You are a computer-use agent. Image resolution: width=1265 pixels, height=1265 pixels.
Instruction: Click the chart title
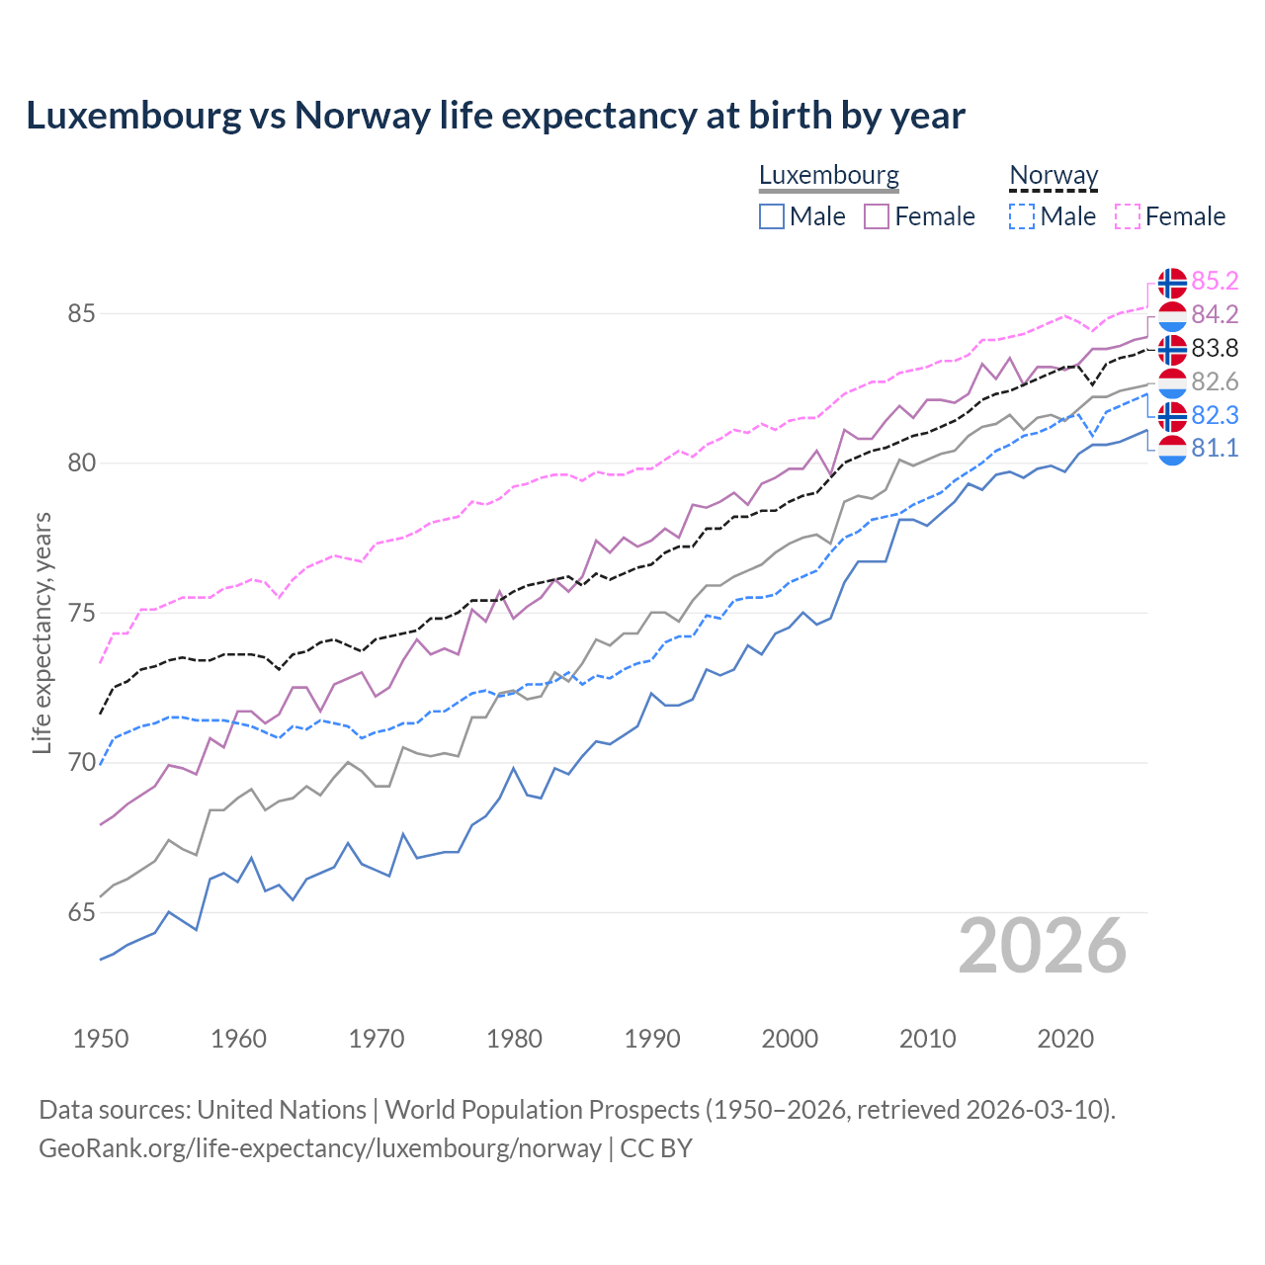click(495, 116)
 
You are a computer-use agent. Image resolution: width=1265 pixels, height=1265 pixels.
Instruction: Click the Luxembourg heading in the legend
click(828, 175)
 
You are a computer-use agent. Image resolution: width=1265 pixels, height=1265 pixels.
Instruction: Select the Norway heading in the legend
click(1054, 175)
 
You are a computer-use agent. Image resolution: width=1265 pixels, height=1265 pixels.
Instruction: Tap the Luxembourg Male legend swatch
click(772, 216)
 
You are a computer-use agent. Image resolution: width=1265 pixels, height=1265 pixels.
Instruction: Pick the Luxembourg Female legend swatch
click(877, 216)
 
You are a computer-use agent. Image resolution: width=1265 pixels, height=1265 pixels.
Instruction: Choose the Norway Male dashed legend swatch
click(1022, 216)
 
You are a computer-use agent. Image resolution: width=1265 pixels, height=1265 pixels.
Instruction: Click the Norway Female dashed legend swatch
click(1128, 216)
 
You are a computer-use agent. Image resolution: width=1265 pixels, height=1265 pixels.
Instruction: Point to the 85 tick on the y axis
click(81, 314)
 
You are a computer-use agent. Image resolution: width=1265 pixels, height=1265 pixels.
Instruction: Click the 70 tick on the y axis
click(81, 763)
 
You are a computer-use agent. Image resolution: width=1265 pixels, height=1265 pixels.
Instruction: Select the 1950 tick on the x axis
click(101, 1039)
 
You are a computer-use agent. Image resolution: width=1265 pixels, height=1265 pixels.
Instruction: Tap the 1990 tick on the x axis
click(652, 1039)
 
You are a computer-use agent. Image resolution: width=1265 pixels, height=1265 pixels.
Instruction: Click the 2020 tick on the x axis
click(1065, 1039)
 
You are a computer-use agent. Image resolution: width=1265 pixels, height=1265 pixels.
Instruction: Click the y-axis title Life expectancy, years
click(42, 632)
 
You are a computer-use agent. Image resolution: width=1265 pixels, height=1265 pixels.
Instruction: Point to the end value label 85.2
click(1215, 282)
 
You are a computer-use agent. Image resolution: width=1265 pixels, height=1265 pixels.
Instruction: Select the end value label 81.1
click(1215, 449)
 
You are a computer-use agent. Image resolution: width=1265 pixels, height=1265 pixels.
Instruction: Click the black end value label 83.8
click(1215, 349)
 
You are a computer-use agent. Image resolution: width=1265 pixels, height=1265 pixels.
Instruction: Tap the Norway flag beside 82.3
click(1171, 416)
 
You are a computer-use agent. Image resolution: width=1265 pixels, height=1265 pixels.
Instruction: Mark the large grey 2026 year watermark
click(1043, 946)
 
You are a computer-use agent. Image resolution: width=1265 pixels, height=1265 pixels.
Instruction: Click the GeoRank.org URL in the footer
click(320, 1148)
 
